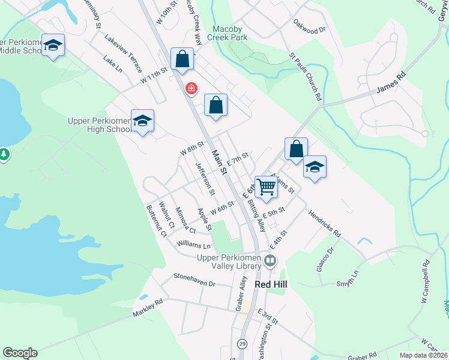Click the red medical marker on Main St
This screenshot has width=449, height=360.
pyautogui.click(x=191, y=89)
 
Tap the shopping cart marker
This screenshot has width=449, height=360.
pyautogui.click(x=265, y=186)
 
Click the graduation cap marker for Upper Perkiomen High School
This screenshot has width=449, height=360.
pyautogui.click(x=142, y=121)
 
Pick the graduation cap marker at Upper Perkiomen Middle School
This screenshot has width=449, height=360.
pyautogui.click(x=53, y=46)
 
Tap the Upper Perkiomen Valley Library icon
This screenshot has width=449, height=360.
pyautogui.click(x=270, y=260)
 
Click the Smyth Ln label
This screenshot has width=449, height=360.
pyautogui.click(x=348, y=273)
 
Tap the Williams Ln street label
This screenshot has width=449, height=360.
pyautogui.click(x=194, y=245)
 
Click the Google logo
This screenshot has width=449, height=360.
pyautogui.click(x=20, y=353)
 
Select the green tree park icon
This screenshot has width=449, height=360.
pyautogui.click(x=4, y=155)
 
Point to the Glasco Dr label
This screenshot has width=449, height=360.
pyautogui.click(x=325, y=259)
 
